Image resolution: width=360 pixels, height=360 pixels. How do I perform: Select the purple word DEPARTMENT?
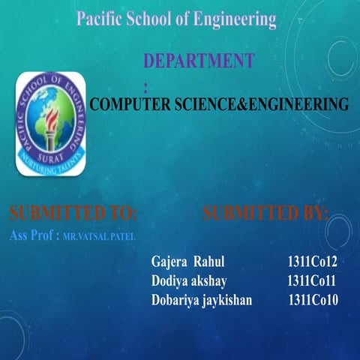point(199,61)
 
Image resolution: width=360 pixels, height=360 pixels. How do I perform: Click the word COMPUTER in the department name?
point(131,104)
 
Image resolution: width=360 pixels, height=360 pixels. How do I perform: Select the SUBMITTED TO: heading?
point(73,214)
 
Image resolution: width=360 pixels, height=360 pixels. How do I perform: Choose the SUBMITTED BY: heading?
point(265,214)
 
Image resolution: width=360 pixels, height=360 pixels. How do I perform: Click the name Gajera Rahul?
point(187,263)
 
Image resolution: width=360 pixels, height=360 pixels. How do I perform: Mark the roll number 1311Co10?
point(313,300)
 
